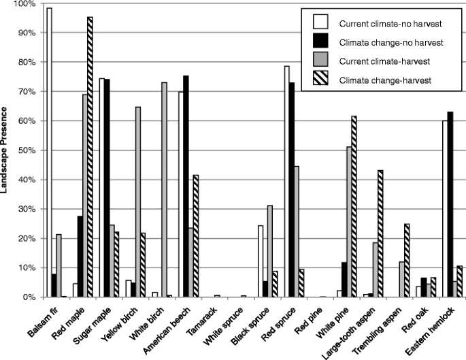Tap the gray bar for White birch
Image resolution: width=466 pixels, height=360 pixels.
tap(164, 190)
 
